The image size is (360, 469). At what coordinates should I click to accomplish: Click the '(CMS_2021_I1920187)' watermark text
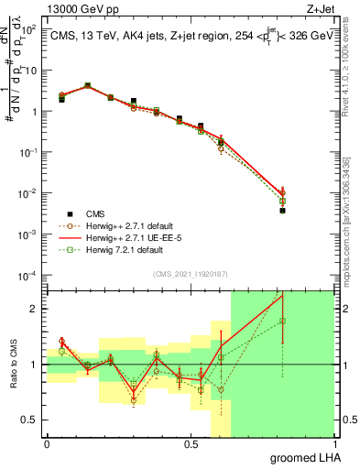click(x=190, y=272)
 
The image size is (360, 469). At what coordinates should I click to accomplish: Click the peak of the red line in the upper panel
click(x=87, y=85)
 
